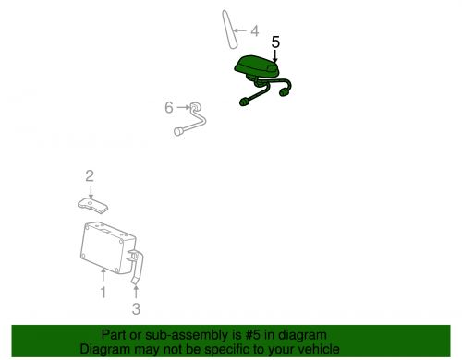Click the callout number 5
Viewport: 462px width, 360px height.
(275, 42)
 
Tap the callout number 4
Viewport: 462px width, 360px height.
(255, 31)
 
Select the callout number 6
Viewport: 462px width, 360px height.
(169, 107)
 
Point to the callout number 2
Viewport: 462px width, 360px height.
(90, 176)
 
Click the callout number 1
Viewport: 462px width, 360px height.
(103, 293)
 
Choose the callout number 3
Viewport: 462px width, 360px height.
(136, 308)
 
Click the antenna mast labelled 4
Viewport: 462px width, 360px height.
(229, 30)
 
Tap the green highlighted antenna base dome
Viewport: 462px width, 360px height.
(257, 66)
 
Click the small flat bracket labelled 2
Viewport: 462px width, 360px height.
(92, 206)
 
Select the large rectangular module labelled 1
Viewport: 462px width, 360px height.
(108, 248)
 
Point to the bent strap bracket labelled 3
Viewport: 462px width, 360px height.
(137, 267)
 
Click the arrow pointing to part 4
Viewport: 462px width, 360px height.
(240, 30)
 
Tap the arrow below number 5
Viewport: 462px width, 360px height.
(275, 56)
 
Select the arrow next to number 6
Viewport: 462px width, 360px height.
(183, 107)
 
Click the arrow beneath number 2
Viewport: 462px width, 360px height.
(91, 192)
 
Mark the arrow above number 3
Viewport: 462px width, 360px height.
(136, 293)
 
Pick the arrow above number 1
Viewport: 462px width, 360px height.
(103, 275)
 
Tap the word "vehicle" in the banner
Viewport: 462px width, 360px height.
(320, 349)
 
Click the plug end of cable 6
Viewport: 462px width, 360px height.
(178, 131)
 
